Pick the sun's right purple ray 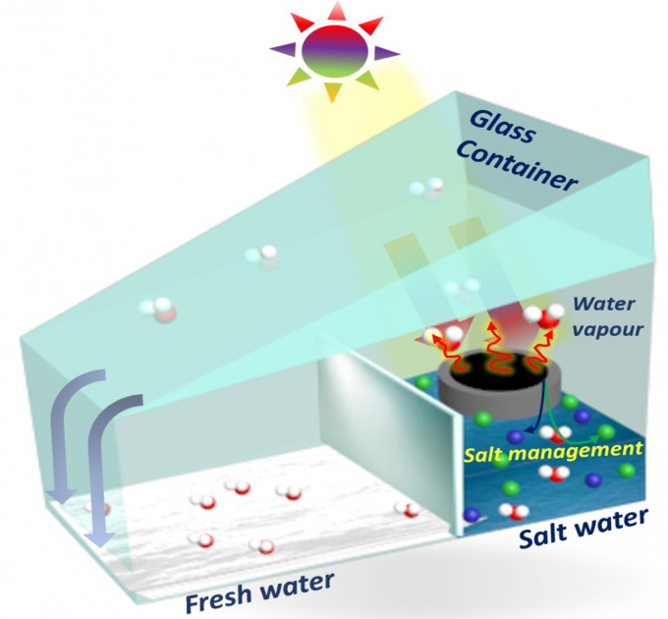pos(386,51)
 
